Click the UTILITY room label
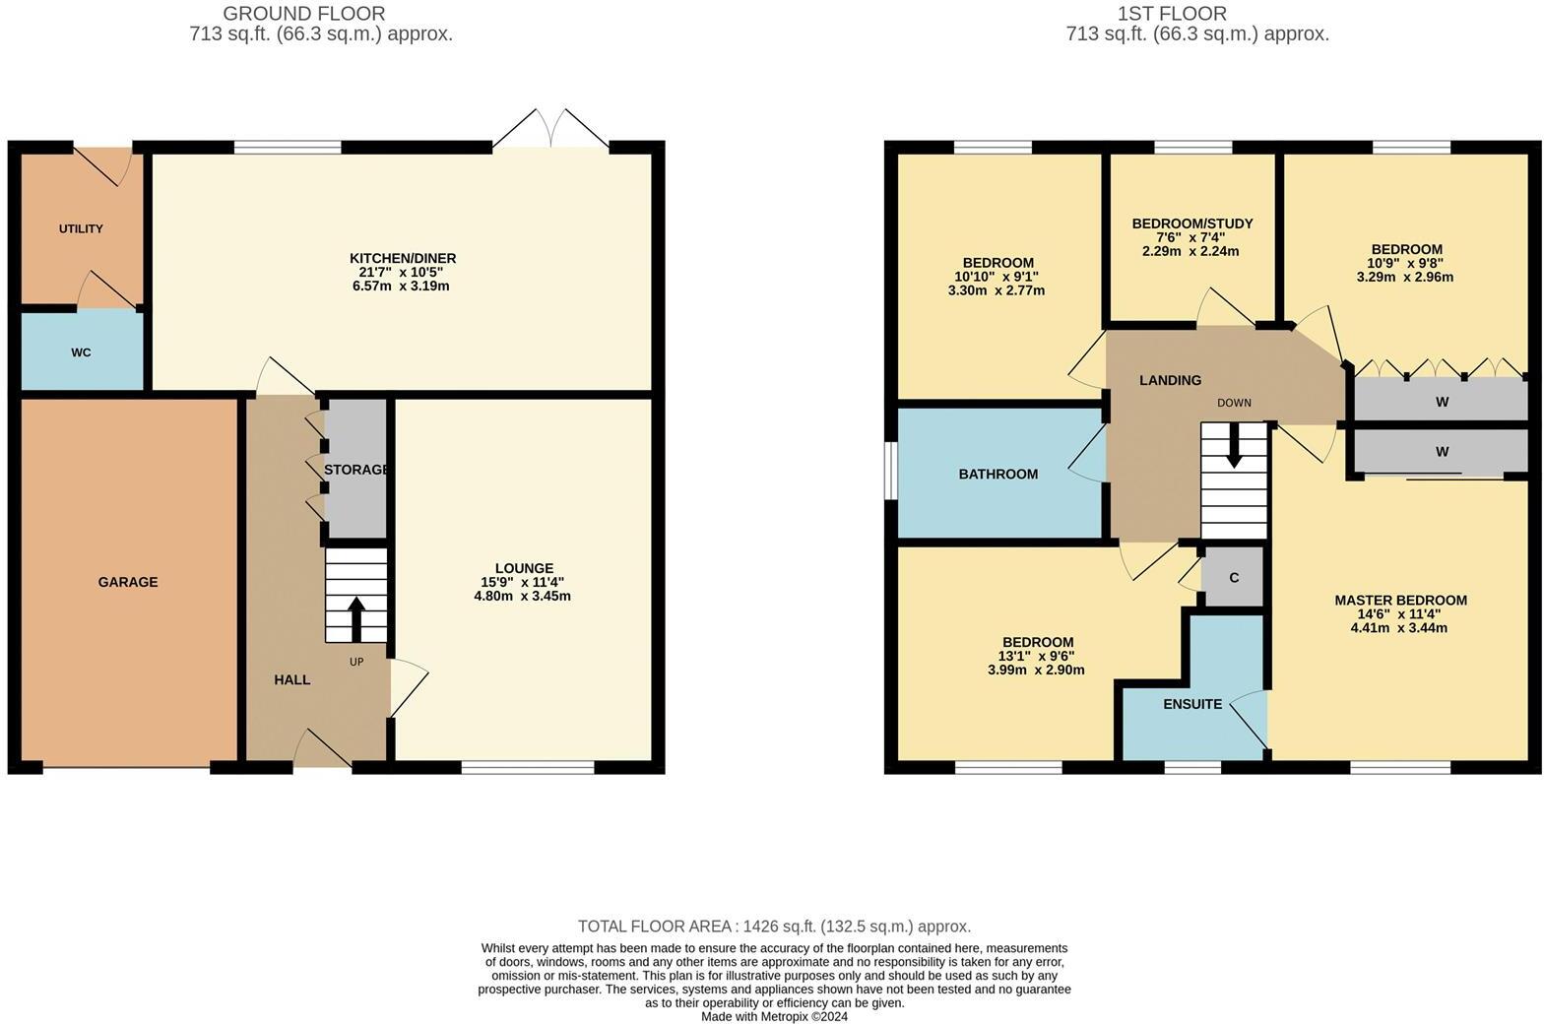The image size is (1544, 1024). coord(81,228)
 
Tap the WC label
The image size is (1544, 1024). coord(81,352)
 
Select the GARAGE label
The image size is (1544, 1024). coord(128,582)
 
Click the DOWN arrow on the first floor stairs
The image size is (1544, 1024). coord(1234,449)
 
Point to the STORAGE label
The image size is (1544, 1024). coord(356,470)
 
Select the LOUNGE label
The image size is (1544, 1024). coord(524,568)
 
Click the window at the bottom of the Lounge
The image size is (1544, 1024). coord(528,767)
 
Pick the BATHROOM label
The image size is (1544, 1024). coord(998,474)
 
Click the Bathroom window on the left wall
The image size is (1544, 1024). coord(890,472)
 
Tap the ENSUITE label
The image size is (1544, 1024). coord(1192,704)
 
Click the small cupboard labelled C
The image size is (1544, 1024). coord(1233,578)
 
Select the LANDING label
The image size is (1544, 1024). coord(1170,380)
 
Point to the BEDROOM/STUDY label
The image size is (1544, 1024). coord(1192,224)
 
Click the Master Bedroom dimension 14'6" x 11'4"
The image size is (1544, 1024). coord(1399,613)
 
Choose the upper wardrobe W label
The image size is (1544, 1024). coord(1442,402)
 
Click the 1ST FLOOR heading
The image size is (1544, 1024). coord(1172,14)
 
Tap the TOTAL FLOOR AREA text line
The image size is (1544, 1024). coord(774,926)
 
